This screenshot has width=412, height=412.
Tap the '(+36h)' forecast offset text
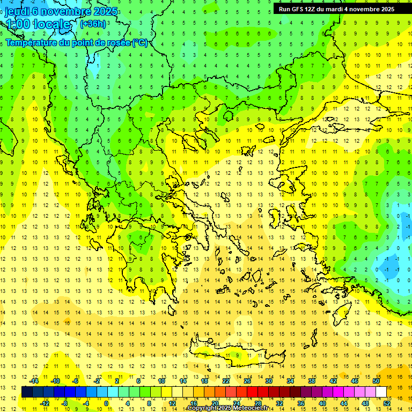click(92, 24)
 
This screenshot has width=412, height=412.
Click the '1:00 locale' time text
click(38, 24)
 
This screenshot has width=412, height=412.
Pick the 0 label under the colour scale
click(106, 403)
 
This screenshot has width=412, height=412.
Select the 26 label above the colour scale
click(247, 381)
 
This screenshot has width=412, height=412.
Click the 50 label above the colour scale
click(376, 381)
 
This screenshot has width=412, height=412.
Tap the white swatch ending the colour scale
click(381, 392)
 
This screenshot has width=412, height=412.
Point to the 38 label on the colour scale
click(312, 381)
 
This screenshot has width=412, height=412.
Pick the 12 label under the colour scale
click(172, 403)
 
